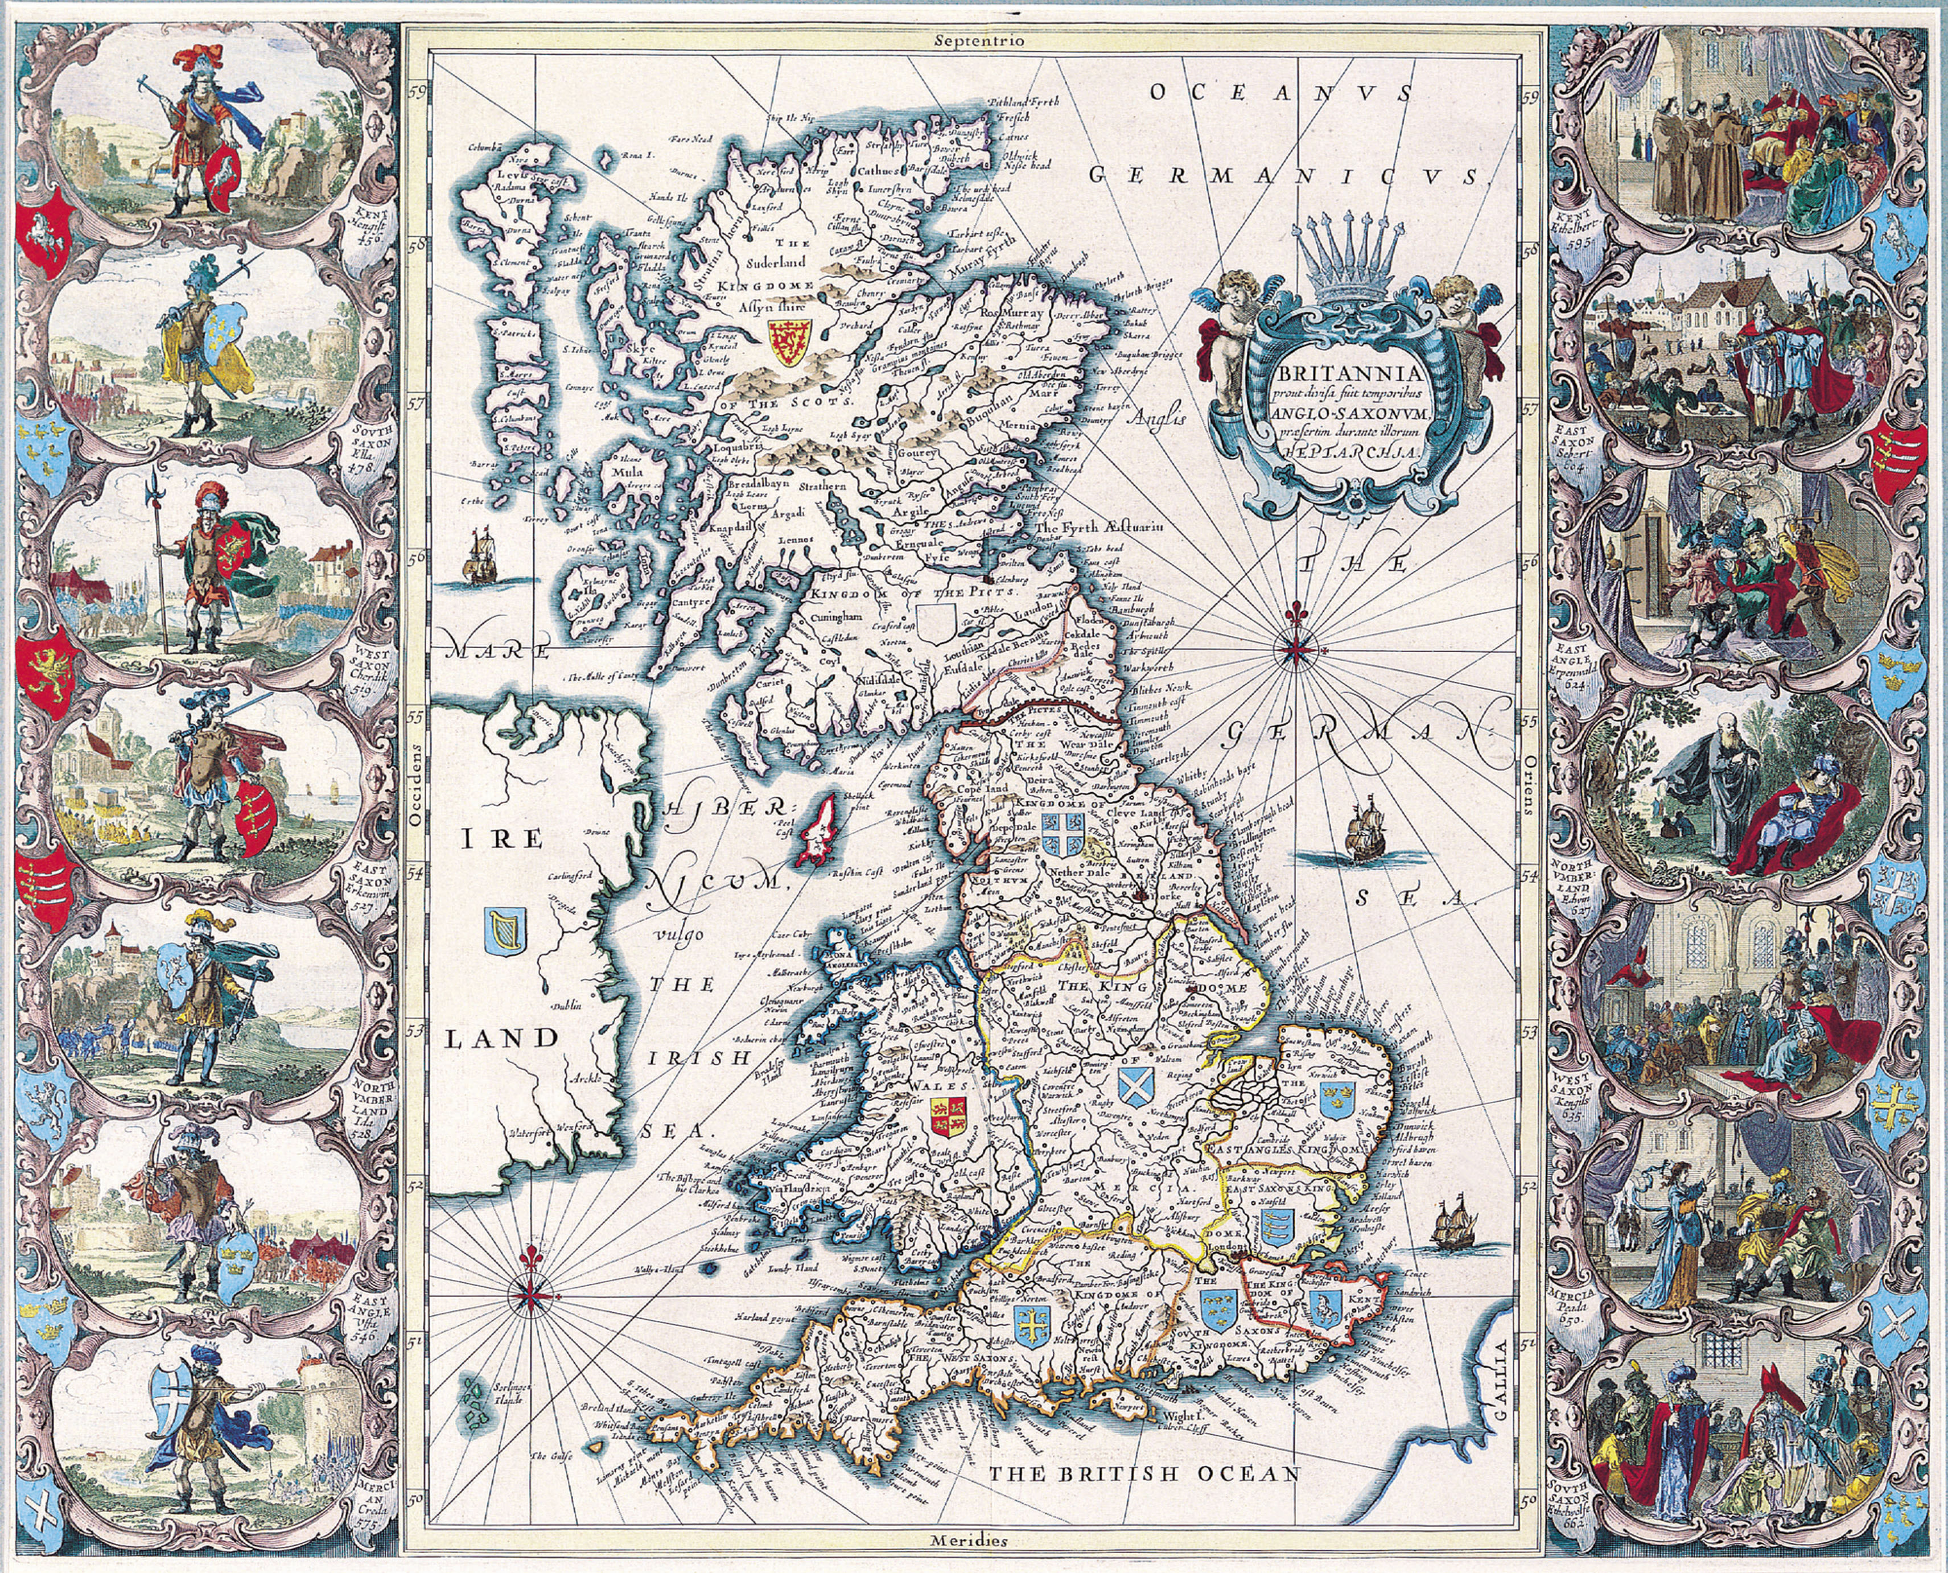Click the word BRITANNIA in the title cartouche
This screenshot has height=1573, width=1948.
(1353, 373)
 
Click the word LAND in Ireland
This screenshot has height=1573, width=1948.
(500, 1039)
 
